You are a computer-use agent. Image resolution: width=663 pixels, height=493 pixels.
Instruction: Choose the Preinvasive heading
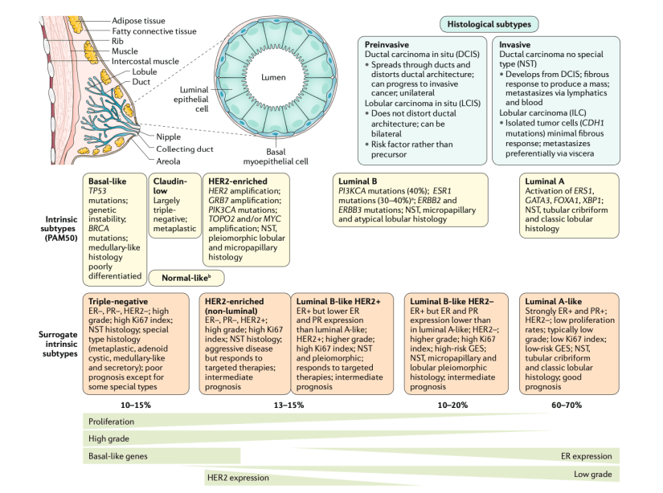pyautogui.click(x=387, y=46)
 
